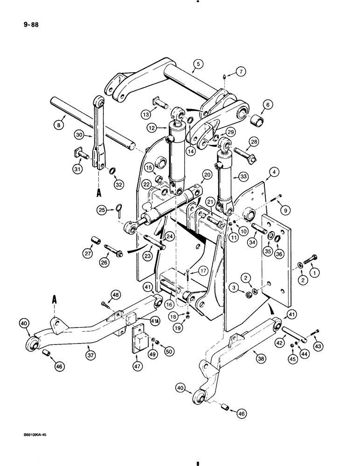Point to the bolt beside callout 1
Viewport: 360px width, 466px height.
click(x=311, y=258)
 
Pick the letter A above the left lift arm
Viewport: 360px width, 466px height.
click(x=55, y=301)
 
